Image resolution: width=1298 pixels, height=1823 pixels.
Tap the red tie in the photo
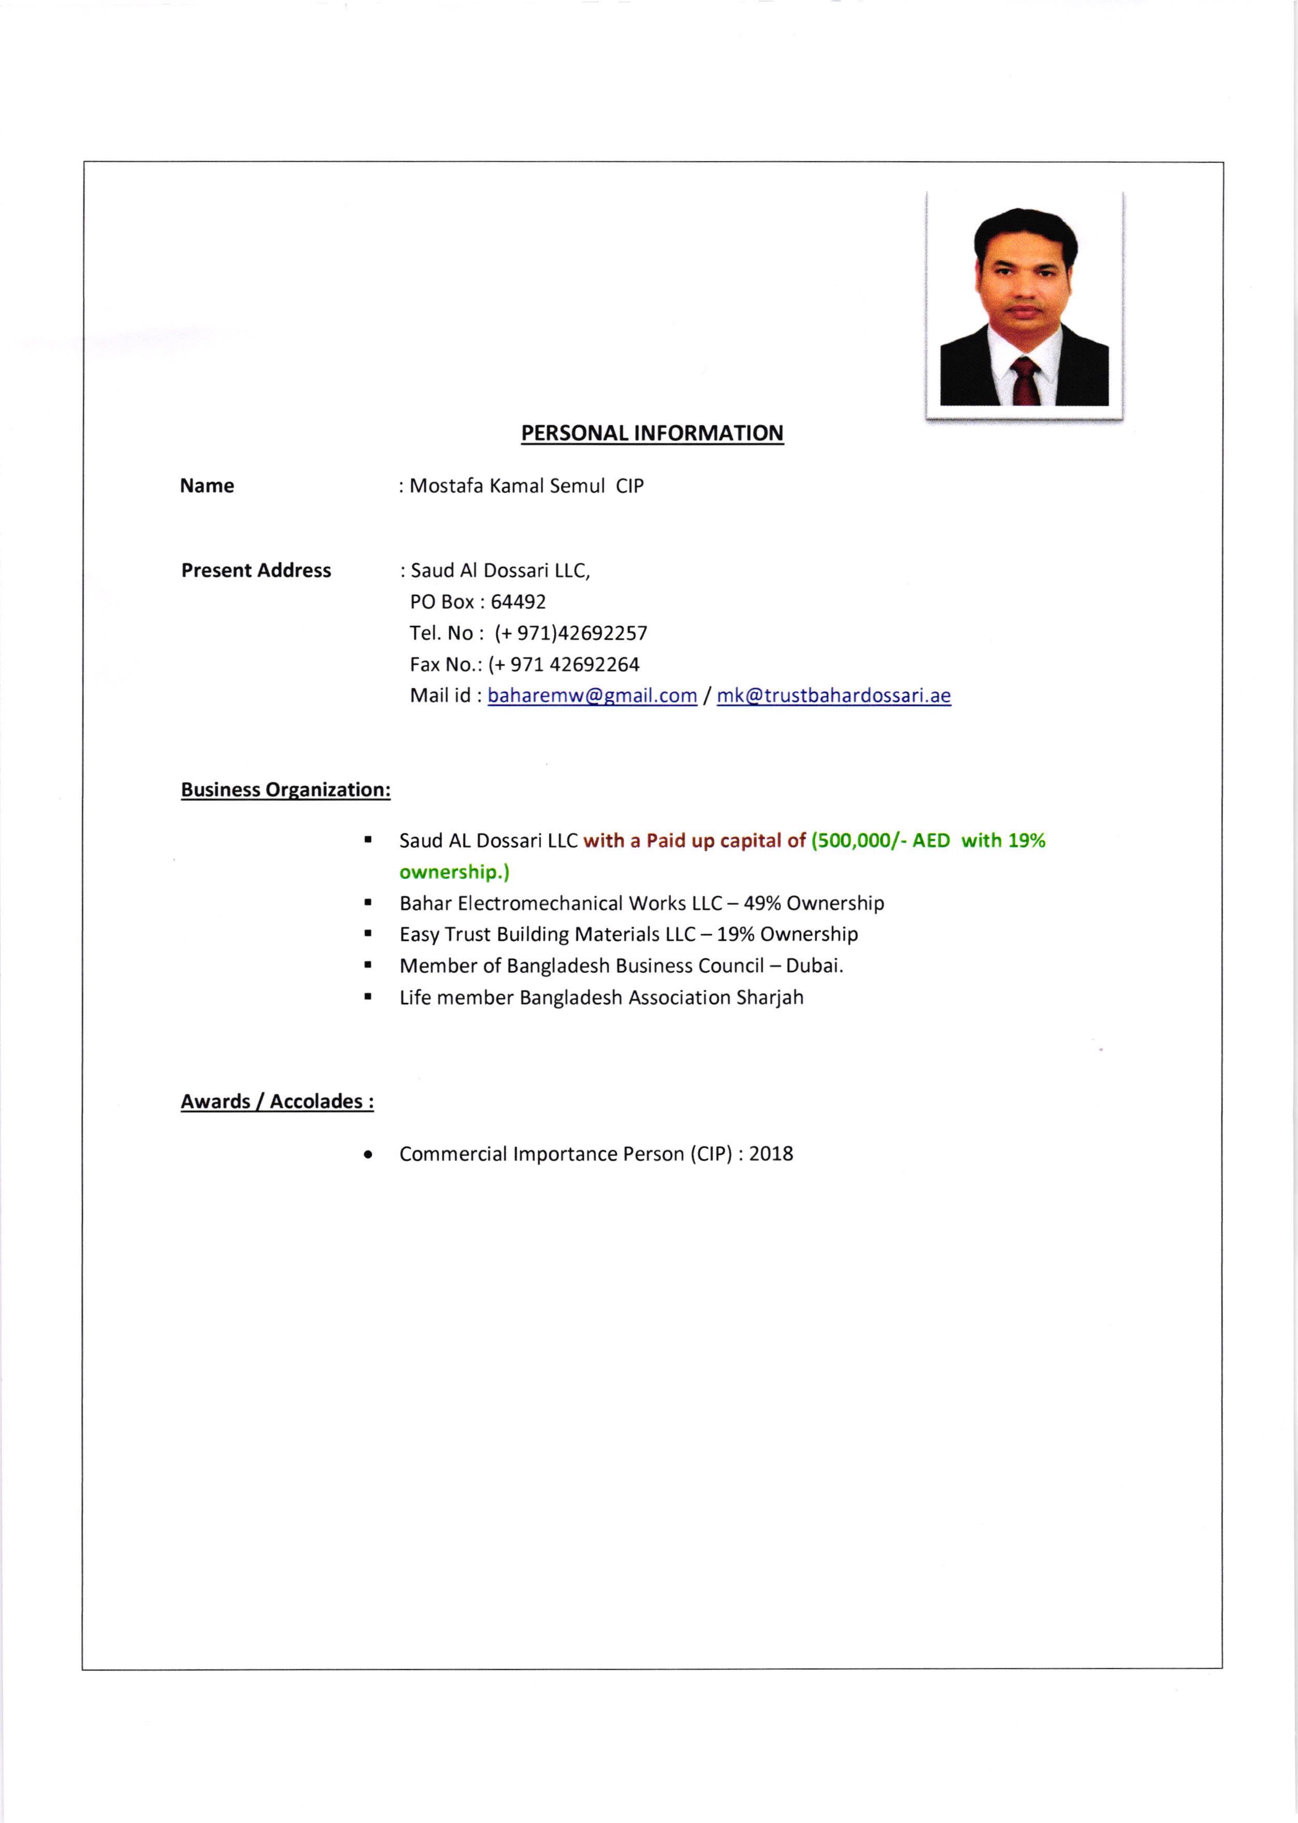pyautogui.click(x=1025, y=382)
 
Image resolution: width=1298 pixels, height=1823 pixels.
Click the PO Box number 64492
pyautogui.click(x=518, y=602)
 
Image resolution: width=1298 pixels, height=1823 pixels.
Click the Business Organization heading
pyautogui.click(x=285, y=790)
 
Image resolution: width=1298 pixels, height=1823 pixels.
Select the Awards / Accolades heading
pyautogui.click(x=276, y=1101)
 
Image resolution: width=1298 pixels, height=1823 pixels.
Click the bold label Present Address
pyautogui.click(x=256, y=571)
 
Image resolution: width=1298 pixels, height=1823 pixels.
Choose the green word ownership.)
pyautogui.click(x=454, y=872)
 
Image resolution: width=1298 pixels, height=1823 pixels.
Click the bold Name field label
pyautogui.click(x=207, y=486)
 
